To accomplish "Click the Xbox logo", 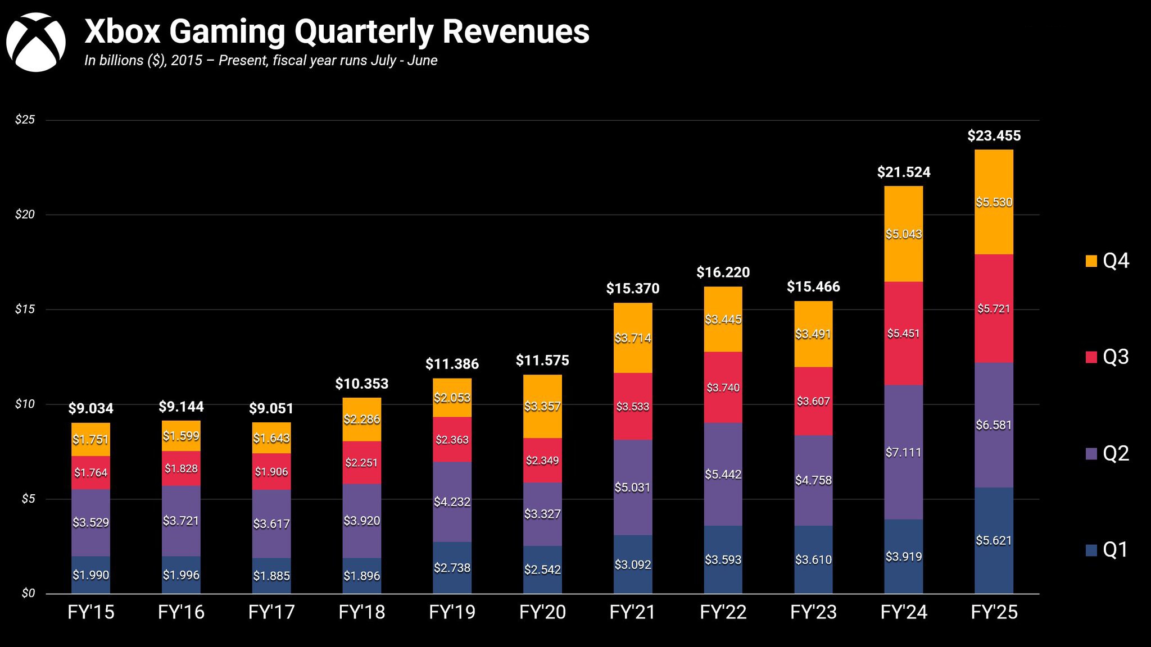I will point(35,42).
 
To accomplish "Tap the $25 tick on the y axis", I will point(25,120).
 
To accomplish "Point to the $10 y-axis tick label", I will point(25,404).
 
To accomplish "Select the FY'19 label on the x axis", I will point(452,612).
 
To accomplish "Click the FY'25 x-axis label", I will point(994,612).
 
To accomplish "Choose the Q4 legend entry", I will point(1107,261).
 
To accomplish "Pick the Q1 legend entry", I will point(1107,549).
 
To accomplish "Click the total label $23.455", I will point(994,136).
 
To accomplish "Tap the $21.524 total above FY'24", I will point(904,172).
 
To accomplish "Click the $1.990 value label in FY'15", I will point(90,575).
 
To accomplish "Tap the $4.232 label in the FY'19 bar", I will point(452,502).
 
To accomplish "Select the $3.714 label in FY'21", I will point(633,338).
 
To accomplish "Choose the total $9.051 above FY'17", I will point(271,408).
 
